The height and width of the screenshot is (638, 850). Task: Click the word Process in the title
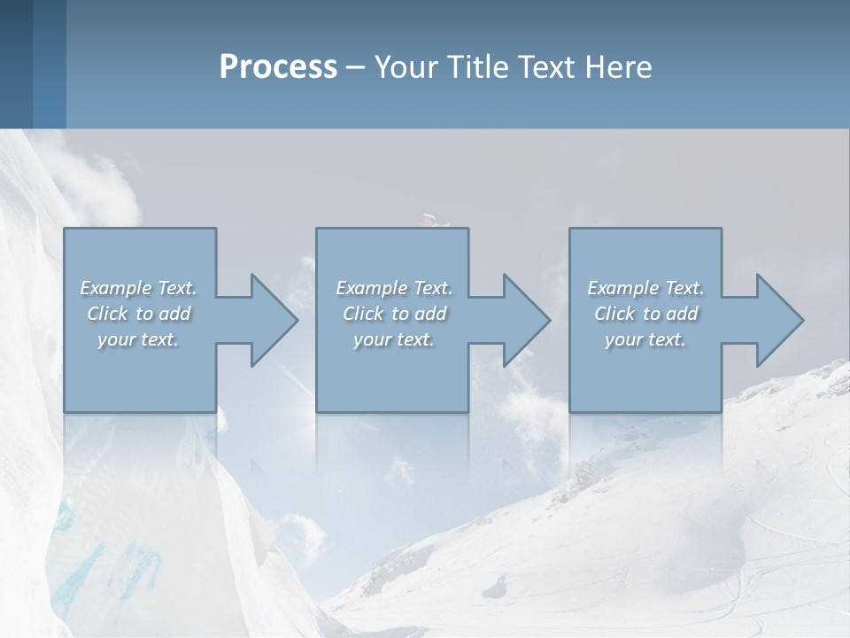pyautogui.click(x=278, y=67)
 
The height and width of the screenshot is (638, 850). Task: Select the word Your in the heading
pyautogui.click(x=405, y=67)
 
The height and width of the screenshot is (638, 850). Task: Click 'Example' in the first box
pyautogui.click(x=115, y=288)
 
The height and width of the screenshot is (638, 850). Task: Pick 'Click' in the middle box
pyautogui.click(x=362, y=314)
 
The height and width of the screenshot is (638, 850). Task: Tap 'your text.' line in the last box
pyautogui.click(x=645, y=339)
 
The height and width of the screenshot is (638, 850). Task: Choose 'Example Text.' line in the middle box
pyautogui.click(x=394, y=288)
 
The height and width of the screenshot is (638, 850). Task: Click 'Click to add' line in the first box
pyautogui.click(x=139, y=314)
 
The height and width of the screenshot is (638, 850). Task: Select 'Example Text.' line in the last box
pyautogui.click(x=645, y=288)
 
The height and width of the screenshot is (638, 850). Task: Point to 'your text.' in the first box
pyautogui.click(x=138, y=339)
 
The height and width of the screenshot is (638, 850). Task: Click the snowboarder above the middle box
pyautogui.click(x=429, y=219)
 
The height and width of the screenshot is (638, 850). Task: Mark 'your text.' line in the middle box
pyautogui.click(x=394, y=339)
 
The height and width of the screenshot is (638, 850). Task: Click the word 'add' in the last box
pyautogui.click(x=683, y=314)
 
